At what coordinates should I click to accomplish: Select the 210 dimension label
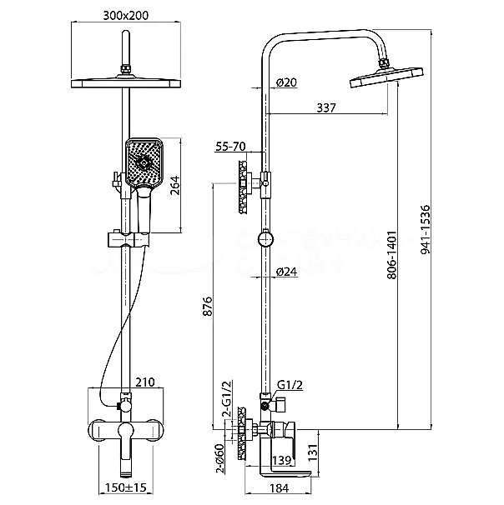point(146,383)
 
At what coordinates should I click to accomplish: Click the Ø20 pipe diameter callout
point(285,82)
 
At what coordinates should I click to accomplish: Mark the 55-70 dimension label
point(229,147)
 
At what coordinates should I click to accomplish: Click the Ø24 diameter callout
point(286,272)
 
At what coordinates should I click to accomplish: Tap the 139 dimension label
point(281,461)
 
